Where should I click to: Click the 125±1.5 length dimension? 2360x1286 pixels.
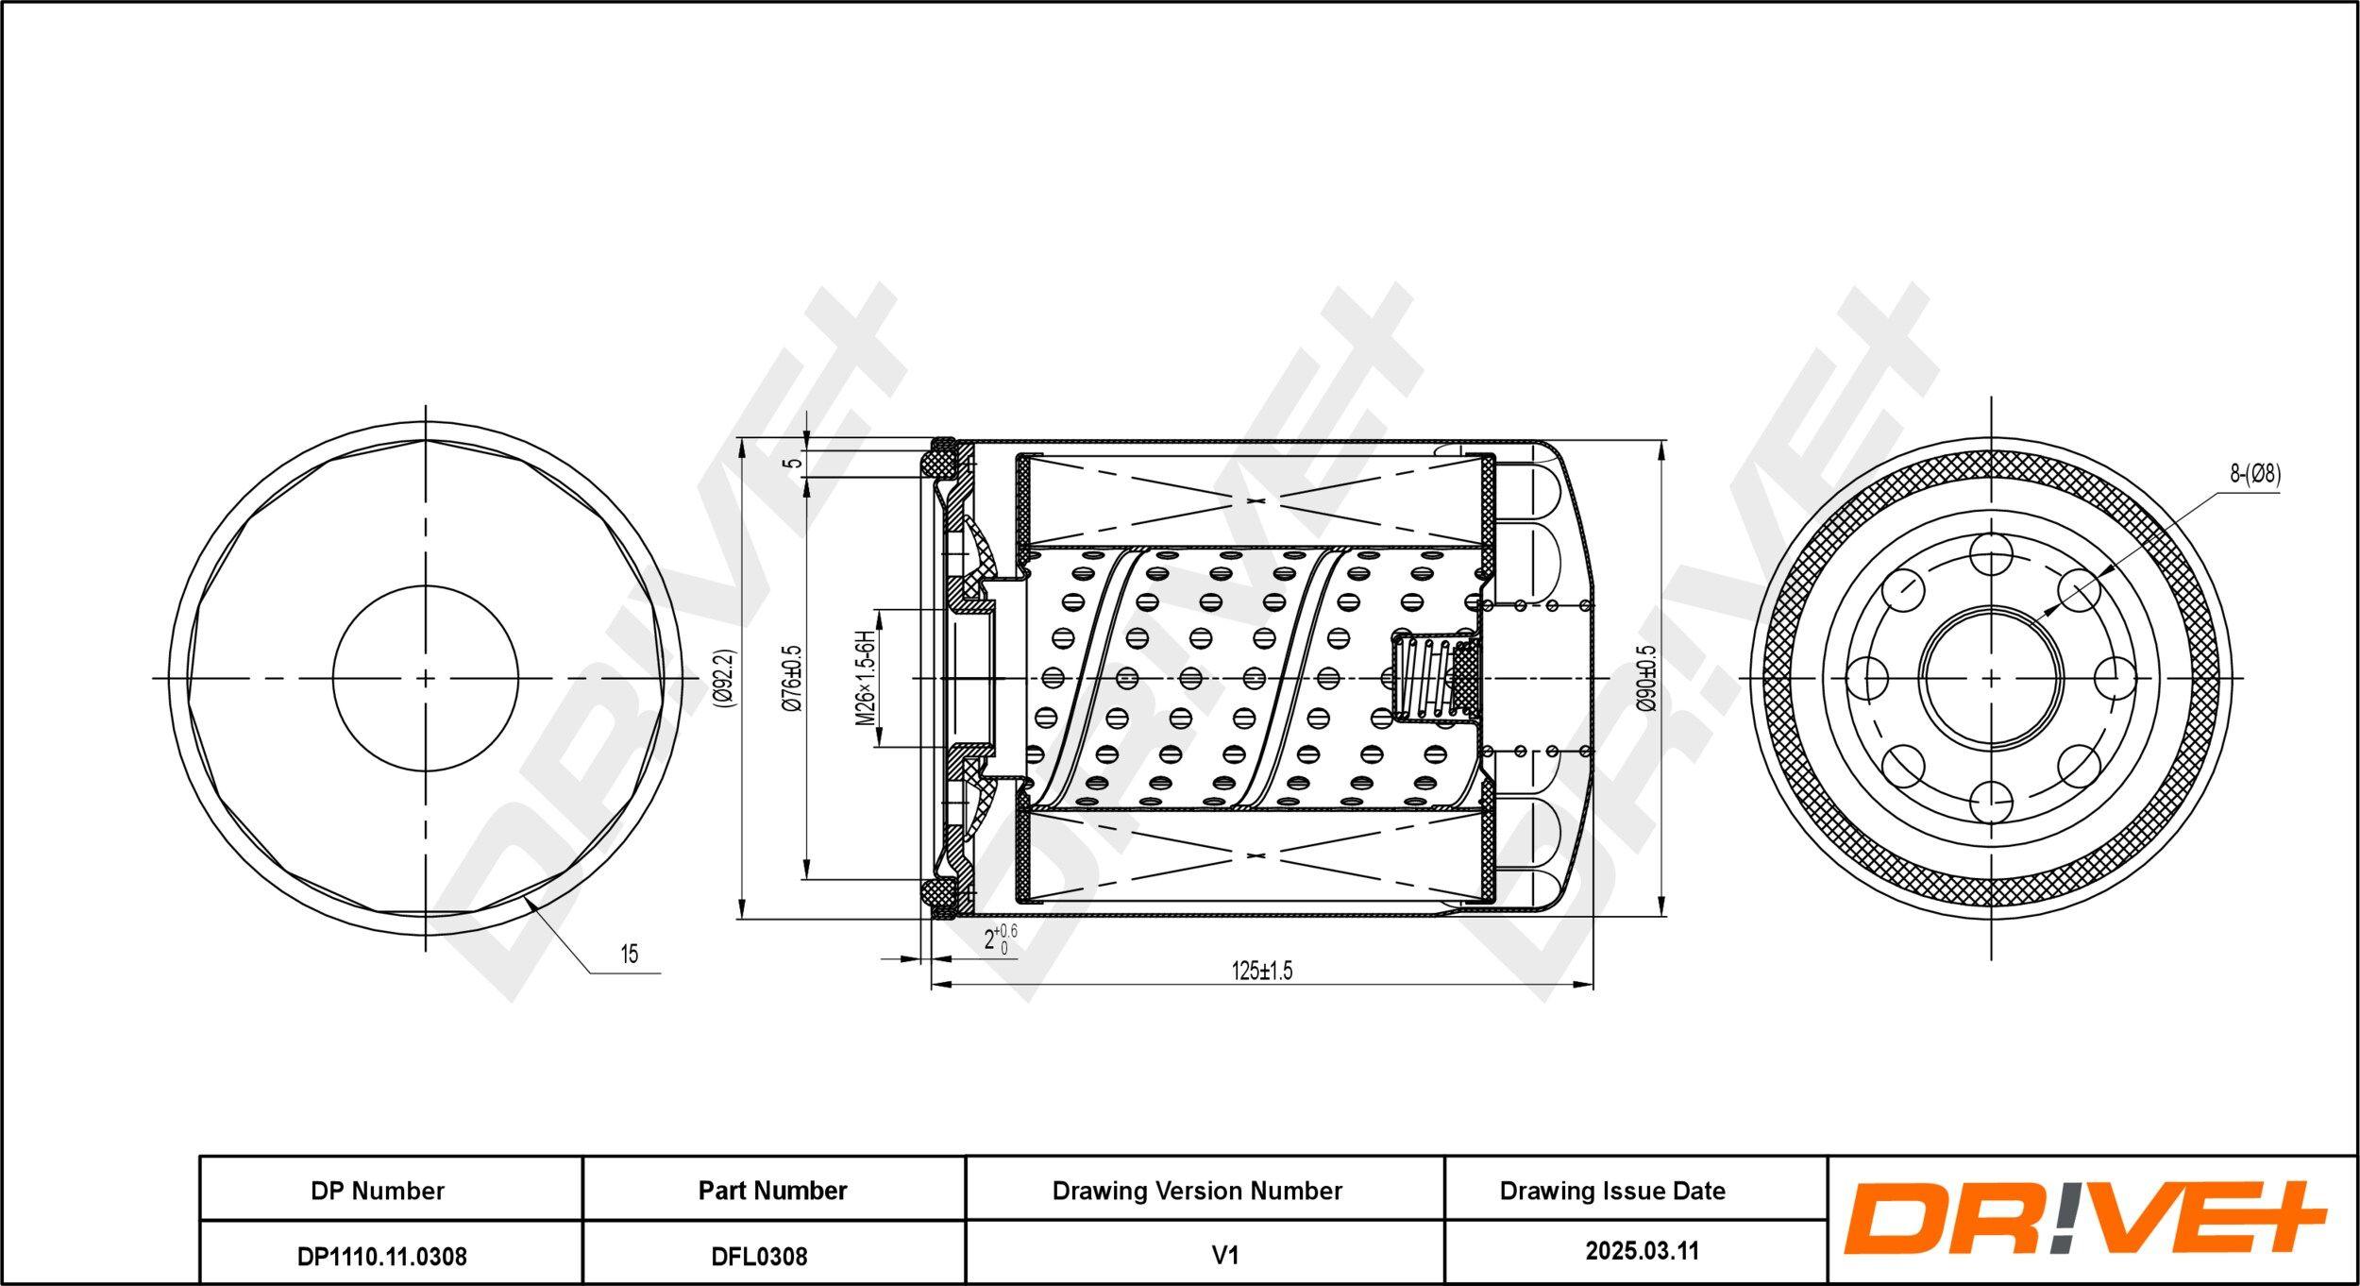[1261, 970]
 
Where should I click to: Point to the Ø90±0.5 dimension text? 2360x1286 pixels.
[1645, 678]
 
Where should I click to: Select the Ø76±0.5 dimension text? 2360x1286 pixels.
[792, 678]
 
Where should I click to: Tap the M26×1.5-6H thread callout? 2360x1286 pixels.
[865, 678]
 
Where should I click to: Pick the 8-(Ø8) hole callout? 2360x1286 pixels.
[2255, 475]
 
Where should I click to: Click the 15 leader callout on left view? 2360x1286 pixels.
[629, 954]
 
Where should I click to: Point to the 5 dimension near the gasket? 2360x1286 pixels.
[795, 460]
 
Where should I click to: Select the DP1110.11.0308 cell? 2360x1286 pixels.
[382, 1256]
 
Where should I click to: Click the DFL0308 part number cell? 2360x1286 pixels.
[773, 1256]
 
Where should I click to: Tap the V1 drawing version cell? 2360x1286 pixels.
[1224, 1255]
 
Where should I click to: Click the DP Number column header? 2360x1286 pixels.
[378, 1191]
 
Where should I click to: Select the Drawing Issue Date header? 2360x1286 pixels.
[1612, 1191]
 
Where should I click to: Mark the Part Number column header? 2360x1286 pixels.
[773, 1191]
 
